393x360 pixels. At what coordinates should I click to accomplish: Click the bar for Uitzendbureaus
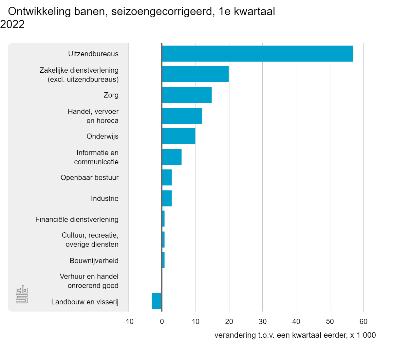pos(257,54)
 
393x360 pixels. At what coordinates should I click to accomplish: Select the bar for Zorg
pos(187,95)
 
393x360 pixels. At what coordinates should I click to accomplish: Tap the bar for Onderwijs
pos(178,136)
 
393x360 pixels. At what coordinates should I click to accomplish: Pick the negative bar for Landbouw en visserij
pos(157,301)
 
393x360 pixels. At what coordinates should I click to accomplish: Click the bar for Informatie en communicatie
pos(172,157)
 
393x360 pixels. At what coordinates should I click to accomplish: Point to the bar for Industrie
pos(167,198)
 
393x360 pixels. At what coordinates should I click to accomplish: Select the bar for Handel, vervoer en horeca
pos(182,116)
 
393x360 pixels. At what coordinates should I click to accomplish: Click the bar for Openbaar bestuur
pos(167,177)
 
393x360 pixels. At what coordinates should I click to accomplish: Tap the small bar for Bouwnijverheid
pos(163,260)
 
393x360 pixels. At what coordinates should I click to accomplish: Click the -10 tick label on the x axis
pos(128,322)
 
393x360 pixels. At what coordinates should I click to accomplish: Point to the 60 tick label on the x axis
pos(363,322)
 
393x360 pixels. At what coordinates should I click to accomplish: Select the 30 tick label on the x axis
pos(262,322)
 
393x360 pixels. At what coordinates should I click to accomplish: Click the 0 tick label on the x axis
pos(162,322)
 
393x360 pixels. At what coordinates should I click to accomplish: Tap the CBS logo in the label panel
pos(22,294)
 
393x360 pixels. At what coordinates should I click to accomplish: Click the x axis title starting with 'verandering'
pos(295,335)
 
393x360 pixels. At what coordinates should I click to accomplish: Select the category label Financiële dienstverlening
pos(77,219)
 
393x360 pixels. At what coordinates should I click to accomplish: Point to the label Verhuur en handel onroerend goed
pos(89,281)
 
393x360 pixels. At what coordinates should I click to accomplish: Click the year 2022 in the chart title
pos(12,24)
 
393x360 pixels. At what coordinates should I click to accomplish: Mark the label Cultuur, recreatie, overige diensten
pos(90,240)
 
